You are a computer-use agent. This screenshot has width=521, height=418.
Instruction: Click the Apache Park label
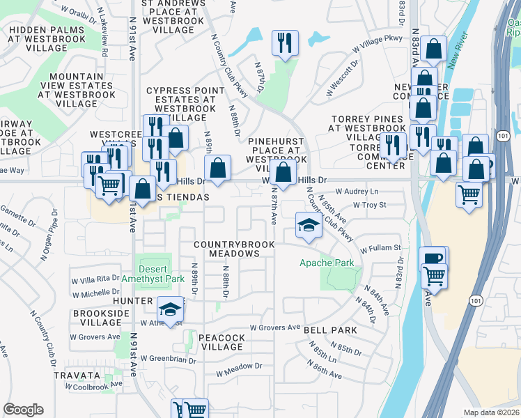coord(327,263)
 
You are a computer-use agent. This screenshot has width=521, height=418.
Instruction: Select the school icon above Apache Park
coord(308,225)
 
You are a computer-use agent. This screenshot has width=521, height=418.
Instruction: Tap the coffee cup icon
coord(433,258)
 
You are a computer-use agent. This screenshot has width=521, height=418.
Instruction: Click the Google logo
coord(23,410)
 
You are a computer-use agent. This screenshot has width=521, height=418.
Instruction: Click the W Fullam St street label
coord(380,247)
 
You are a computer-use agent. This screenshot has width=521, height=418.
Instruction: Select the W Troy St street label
coord(369,205)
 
